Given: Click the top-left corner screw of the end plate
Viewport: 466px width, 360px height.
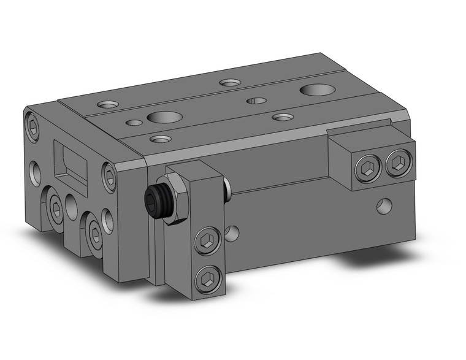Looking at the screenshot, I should click(x=34, y=129).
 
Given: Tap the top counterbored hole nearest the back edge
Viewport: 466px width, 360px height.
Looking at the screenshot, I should click(x=230, y=82).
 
